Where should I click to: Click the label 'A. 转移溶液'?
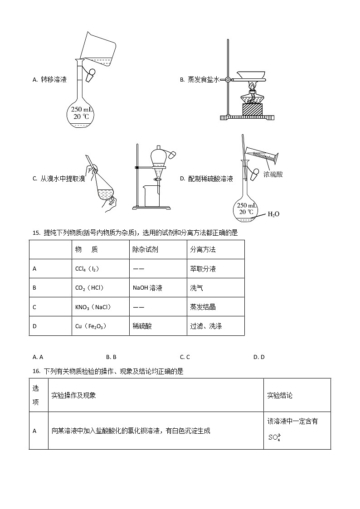pyautogui.click(x=49, y=80)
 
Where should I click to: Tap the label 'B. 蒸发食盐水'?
pyautogui.click(x=199, y=80)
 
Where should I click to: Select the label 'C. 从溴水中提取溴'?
pyautogui.click(x=58, y=179)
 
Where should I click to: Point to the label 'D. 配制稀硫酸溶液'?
pyautogui.click(x=206, y=179)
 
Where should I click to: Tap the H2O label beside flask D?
pyautogui.click(x=273, y=214)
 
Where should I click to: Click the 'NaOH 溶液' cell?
pyautogui.click(x=147, y=288)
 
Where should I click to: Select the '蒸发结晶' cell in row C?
pyautogui.click(x=203, y=307)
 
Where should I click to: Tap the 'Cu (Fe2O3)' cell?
pyautogui.click(x=91, y=326)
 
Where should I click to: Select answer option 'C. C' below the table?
pyautogui.click(x=185, y=357)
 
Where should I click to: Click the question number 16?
pyautogui.click(x=37, y=371)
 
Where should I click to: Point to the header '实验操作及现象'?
pyautogui.click(x=73, y=395)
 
